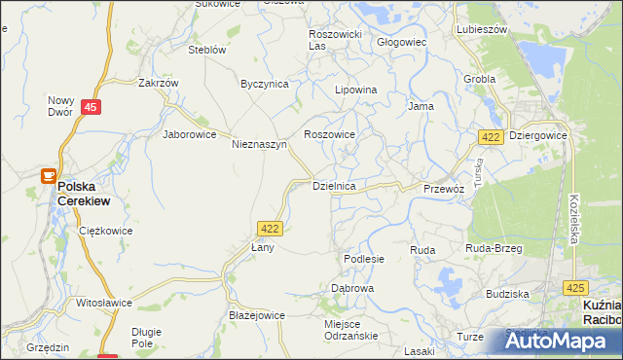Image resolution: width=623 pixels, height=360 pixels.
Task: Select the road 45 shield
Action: pyautogui.click(x=90, y=108)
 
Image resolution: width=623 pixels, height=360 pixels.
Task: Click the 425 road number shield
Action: pyautogui.click(x=575, y=287)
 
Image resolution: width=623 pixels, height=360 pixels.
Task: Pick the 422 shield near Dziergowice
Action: pyautogui.click(x=491, y=137)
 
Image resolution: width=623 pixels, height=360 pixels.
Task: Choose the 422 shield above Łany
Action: pyautogui.click(x=271, y=227)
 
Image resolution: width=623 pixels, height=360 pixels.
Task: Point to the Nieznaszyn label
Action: pyautogui.click(x=259, y=144)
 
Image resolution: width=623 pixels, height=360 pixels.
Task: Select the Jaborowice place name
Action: pyautogui.click(x=189, y=134)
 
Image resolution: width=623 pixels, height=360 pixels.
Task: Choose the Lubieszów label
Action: pyautogui.click(x=482, y=29)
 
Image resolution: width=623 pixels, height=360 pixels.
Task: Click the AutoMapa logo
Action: pyautogui.click(x=558, y=341)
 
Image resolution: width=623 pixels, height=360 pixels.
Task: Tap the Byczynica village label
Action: pyautogui.click(x=265, y=84)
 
